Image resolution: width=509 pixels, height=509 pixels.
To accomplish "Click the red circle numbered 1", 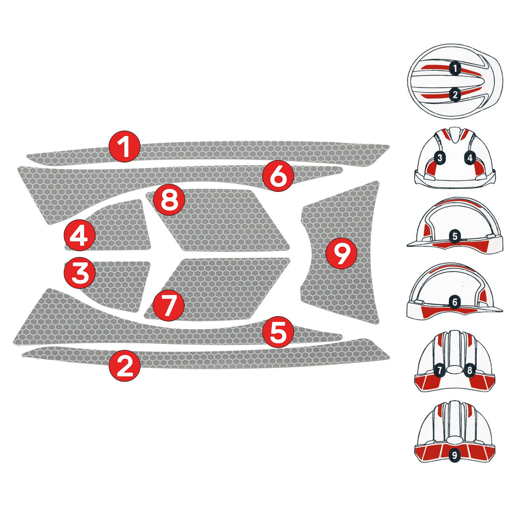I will pyautogui.click(x=125, y=146).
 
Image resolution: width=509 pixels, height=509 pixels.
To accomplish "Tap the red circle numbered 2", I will pyautogui.click(x=125, y=366).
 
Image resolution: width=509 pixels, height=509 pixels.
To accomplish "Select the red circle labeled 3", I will pyautogui.click(x=80, y=273).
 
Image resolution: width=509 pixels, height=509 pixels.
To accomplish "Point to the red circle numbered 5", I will pyautogui.click(x=278, y=333).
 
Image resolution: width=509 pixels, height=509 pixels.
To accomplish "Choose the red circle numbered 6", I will pyautogui.click(x=278, y=175).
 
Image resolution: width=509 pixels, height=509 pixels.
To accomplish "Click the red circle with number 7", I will pyautogui.click(x=169, y=305).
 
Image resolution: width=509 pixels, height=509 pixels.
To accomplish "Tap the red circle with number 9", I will pyautogui.click(x=341, y=254).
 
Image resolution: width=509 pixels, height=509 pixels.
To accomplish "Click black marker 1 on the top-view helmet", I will pyautogui.click(x=454, y=68).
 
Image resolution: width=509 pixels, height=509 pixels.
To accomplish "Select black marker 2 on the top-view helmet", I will pyautogui.click(x=454, y=94).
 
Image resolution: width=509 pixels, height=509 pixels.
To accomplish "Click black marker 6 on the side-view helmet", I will pyautogui.click(x=454, y=302).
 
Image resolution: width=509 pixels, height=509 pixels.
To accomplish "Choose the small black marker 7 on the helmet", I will pyautogui.click(x=439, y=370).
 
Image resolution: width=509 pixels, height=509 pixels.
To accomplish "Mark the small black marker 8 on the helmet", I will pyautogui.click(x=470, y=370).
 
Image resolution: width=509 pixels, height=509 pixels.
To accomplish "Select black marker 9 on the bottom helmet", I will pyautogui.click(x=454, y=454).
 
